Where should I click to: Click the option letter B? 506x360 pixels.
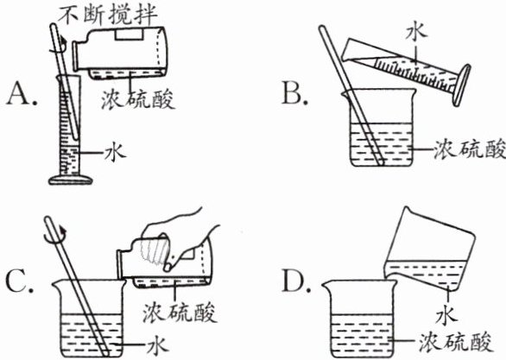[x=294, y=94]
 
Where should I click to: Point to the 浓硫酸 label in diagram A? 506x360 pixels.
[x=138, y=98]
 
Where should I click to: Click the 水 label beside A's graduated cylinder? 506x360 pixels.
[x=115, y=153]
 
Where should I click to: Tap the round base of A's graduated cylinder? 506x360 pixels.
[x=70, y=180]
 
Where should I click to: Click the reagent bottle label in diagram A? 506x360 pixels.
[x=129, y=35]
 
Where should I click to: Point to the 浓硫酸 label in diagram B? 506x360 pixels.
[x=469, y=149]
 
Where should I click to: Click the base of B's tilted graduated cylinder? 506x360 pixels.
[x=462, y=85]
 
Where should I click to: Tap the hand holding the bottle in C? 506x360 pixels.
[x=180, y=239]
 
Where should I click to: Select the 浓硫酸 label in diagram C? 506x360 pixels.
[x=180, y=312]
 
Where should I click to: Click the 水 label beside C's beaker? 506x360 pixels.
[x=158, y=346]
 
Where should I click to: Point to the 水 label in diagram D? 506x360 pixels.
[x=446, y=315]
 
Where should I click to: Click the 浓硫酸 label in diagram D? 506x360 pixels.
[x=456, y=341]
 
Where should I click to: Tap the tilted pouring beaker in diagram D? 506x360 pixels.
[x=429, y=249]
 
